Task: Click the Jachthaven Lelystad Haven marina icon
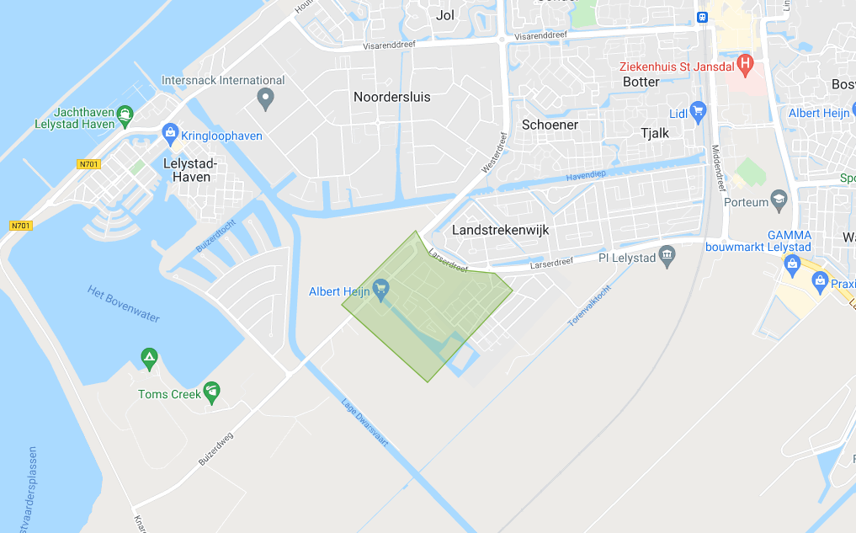pos(125,112)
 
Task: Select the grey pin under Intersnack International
pos(266,99)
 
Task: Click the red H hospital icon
pos(745,63)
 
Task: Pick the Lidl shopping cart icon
pos(698,110)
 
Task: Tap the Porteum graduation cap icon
pos(779,200)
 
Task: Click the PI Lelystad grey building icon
pos(667,255)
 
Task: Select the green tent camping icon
pos(150,360)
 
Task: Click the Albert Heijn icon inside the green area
pos(381,290)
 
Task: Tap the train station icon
pos(700,16)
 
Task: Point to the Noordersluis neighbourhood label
pos(391,97)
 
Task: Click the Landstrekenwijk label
pos(500,229)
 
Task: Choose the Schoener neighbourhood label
pos(550,124)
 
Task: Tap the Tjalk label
pos(655,133)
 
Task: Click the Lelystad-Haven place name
pos(190,169)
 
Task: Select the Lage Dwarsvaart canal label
pos(364,421)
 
